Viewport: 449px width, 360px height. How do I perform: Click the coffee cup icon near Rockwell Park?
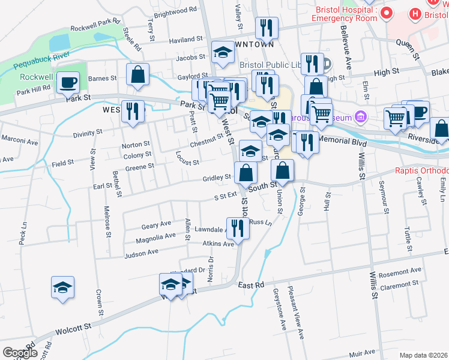68,81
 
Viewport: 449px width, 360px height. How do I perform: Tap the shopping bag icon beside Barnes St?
137,76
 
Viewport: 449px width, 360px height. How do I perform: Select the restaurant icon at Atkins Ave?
238,228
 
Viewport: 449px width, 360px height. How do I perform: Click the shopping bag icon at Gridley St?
246,173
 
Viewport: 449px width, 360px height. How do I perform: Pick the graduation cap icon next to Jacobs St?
223,52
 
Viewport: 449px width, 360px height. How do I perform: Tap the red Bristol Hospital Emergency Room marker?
386,13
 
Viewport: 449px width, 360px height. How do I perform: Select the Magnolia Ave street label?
155,239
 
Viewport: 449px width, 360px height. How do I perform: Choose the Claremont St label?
399,286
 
